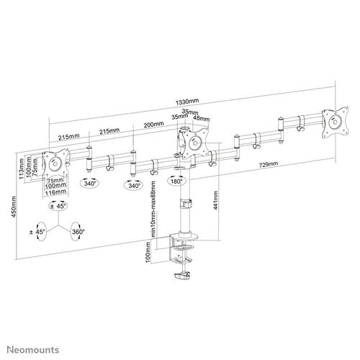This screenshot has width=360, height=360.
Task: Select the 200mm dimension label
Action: pos(153,124)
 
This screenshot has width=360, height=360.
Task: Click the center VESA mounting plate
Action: pos(194,143)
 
